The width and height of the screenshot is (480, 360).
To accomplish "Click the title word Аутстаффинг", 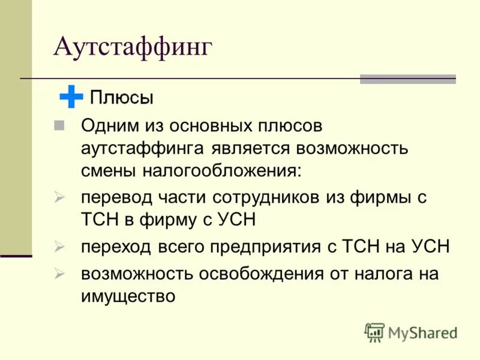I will [x=133, y=47].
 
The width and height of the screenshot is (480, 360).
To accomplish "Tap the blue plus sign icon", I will [x=71, y=97].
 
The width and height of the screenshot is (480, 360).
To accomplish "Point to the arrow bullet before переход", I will [x=59, y=246].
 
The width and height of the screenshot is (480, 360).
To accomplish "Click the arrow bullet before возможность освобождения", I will [x=59, y=274].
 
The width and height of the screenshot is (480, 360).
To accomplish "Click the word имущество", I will [x=128, y=296].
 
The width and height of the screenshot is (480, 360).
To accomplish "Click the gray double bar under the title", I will [x=407, y=79].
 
